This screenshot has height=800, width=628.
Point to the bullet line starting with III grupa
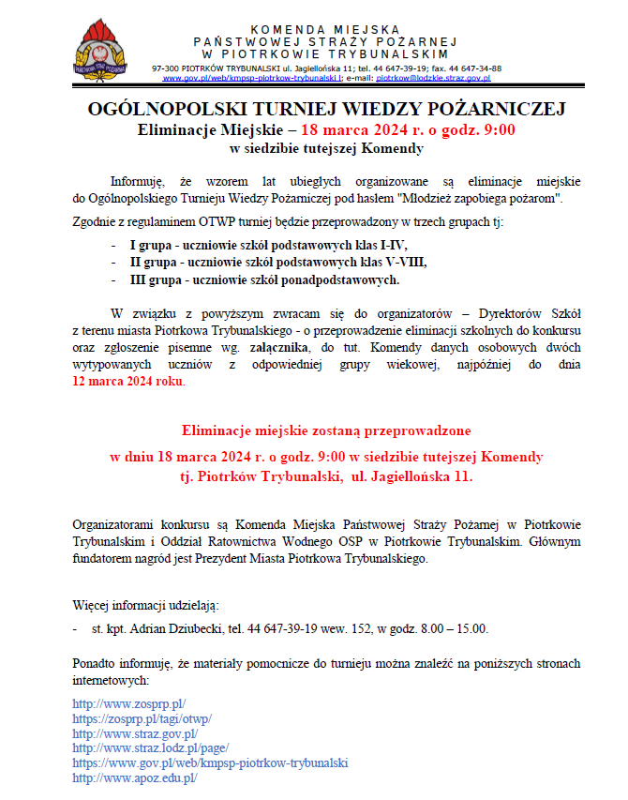pos(264,279)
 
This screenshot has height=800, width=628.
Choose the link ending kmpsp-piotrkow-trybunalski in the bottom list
pos(210,763)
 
